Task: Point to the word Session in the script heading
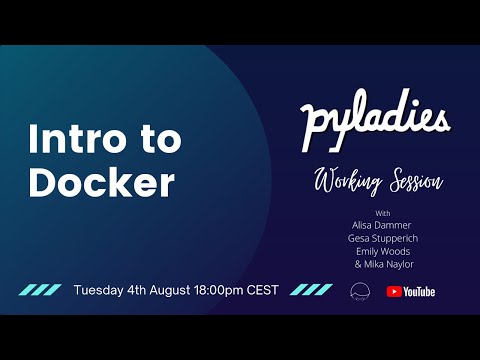point(409,182)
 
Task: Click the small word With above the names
point(383,213)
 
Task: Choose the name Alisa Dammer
point(383,226)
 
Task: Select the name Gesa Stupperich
point(383,239)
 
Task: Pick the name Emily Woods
point(383,252)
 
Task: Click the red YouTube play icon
point(393,291)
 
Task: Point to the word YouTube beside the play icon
point(419,291)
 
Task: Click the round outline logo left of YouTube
point(360,291)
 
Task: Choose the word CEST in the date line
point(268,291)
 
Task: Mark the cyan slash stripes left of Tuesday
point(41,291)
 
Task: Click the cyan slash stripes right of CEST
point(311,291)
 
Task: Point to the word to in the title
point(159,141)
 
